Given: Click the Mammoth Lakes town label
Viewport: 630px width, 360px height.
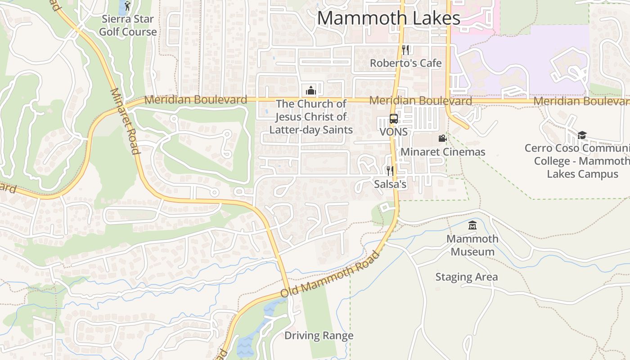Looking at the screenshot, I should (x=389, y=18).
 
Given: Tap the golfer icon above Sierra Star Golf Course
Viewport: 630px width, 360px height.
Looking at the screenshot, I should (x=127, y=6).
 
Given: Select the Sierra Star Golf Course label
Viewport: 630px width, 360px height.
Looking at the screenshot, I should (x=128, y=26).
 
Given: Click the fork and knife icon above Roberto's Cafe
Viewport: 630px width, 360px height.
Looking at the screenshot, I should (x=405, y=50).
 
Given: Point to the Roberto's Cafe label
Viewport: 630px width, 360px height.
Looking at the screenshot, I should (x=405, y=63).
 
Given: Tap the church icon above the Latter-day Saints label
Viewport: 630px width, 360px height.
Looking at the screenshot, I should (x=310, y=90).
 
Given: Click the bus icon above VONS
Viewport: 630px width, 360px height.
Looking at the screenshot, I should (x=394, y=119).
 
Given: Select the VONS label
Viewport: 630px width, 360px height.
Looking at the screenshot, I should (x=394, y=132).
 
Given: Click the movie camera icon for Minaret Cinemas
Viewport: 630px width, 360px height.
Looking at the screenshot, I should (x=442, y=139).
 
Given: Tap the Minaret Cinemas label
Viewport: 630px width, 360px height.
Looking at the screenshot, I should (x=443, y=152).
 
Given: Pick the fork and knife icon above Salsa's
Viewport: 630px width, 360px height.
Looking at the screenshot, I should (x=390, y=171).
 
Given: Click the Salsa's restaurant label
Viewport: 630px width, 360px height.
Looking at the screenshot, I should (x=390, y=184).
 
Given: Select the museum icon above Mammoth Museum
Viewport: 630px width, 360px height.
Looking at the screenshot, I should (x=472, y=225).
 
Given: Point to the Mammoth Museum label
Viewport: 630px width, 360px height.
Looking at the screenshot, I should (x=472, y=245).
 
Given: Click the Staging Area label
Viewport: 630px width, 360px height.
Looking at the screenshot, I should (x=466, y=277).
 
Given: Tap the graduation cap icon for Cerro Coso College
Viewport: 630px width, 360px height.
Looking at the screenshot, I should (x=582, y=135).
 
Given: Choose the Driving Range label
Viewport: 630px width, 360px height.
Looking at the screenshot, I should (x=319, y=336).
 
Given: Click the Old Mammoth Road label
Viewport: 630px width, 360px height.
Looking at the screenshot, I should (x=330, y=274).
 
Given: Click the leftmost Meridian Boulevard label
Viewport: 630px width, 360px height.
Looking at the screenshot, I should (x=196, y=100).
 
